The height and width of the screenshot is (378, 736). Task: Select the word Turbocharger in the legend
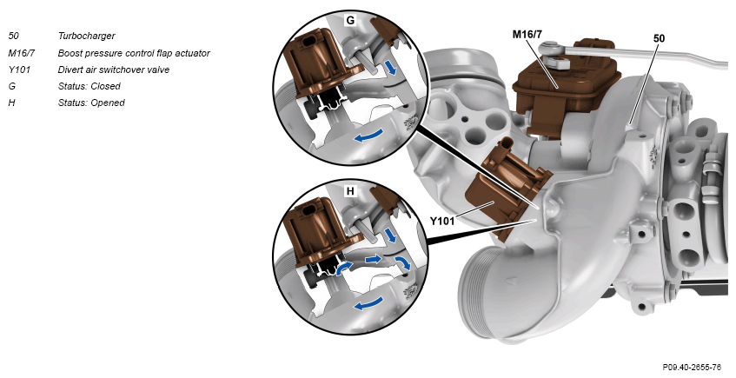click(86, 36)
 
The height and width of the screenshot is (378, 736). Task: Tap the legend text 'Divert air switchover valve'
click(114, 70)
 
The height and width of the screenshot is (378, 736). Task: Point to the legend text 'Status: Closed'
click(90, 86)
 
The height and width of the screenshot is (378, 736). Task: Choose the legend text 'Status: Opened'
click(91, 103)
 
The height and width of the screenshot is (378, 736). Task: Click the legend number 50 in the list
click(14, 36)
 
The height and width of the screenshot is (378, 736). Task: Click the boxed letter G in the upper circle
click(350, 21)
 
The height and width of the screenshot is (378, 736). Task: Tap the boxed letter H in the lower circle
click(350, 191)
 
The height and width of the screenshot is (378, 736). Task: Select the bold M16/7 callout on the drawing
click(527, 34)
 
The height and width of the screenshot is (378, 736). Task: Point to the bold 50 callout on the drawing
click(659, 38)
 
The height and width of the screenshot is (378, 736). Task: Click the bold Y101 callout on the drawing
click(442, 221)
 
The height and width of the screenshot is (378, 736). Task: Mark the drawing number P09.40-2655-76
click(692, 367)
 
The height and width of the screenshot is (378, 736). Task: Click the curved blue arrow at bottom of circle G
click(368, 136)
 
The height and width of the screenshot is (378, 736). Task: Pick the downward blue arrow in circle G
click(391, 67)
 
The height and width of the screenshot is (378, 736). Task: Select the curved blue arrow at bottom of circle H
click(368, 304)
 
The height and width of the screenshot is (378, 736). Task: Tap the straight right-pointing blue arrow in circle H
click(374, 259)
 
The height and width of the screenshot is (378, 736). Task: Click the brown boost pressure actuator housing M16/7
click(566, 90)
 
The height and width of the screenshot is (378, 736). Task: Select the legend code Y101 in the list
click(19, 70)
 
